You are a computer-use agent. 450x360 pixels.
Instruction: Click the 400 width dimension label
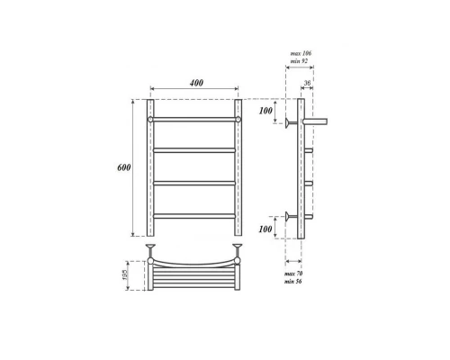click(x=194, y=83)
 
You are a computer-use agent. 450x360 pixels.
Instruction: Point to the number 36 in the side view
click(x=309, y=85)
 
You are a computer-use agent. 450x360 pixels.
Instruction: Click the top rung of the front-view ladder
click(x=194, y=118)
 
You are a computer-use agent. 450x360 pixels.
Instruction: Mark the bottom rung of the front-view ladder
click(x=194, y=214)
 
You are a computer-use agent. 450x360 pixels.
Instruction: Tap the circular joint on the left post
click(x=151, y=118)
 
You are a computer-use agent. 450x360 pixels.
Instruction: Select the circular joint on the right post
click(x=238, y=118)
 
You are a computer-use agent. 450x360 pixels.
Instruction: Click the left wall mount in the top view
click(x=151, y=247)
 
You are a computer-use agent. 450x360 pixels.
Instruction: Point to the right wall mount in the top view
click(x=238, y=247)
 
